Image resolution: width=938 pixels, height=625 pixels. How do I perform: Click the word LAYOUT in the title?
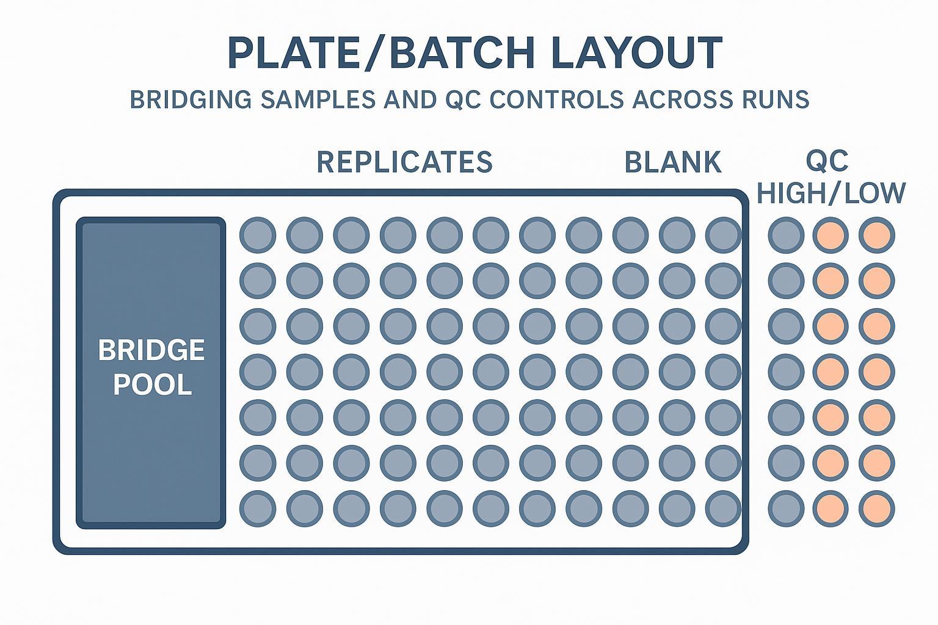click(x=637, y=53)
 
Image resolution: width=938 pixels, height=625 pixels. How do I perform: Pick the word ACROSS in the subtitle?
click(x=682, y=99)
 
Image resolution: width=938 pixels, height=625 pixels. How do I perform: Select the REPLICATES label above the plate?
click(x=404, y=162)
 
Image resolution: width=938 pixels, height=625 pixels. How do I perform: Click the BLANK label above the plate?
click(x=673, y=162)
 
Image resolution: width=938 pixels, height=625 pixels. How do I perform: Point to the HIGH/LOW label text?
click(x=831, y=193)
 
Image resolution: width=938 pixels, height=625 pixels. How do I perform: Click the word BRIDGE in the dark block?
click(x=151, y=350)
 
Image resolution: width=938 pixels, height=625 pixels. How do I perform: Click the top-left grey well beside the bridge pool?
click(x=258, y=235)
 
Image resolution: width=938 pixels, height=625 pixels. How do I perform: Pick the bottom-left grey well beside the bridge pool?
click(x=258, y=508)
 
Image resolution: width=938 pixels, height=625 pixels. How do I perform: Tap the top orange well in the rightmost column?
click(x=877, y=235)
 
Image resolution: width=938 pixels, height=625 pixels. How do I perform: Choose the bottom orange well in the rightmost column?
click(x=877, y=508)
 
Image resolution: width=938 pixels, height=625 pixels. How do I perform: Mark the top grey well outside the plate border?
click(x=785, y=235)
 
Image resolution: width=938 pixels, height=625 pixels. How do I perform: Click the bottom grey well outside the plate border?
click(x=785, y=508)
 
